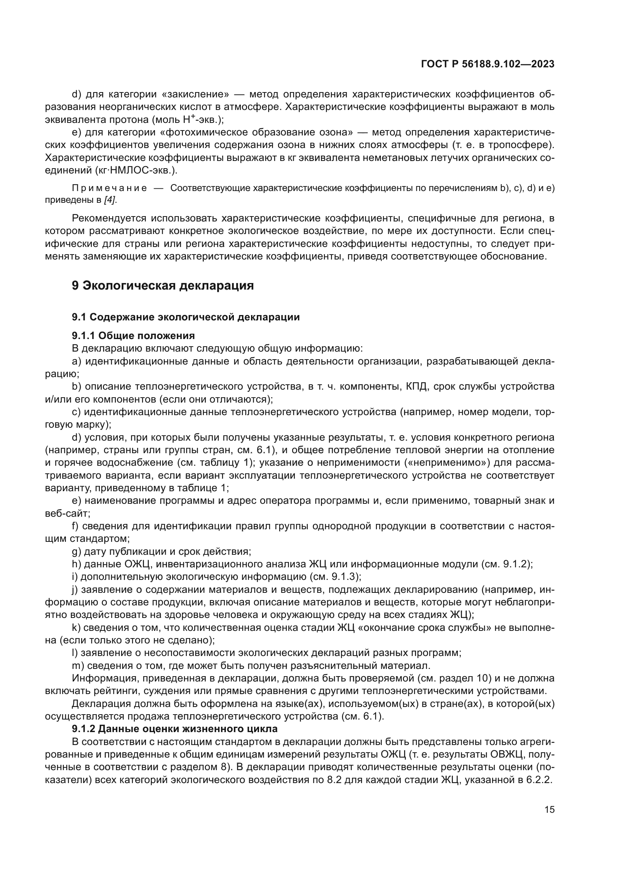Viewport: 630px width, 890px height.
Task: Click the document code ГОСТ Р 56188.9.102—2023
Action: click(x=488, y=64)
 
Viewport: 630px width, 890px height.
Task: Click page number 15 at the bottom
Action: click(x=549, y=810)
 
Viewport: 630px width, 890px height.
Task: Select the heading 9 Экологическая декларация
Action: click(x=163, y=286)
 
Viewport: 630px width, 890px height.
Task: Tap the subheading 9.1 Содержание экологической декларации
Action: click(x=185, y=317)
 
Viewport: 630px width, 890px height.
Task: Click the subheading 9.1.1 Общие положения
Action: click(x=133, y=335)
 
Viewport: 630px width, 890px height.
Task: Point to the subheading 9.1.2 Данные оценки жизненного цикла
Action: click(x=174, y=729)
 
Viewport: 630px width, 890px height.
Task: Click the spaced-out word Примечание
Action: click(x=109, y=188)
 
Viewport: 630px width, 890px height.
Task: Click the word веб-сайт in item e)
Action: click(x=67, y=513)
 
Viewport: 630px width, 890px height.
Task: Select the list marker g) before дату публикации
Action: click(x=77, y=551)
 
